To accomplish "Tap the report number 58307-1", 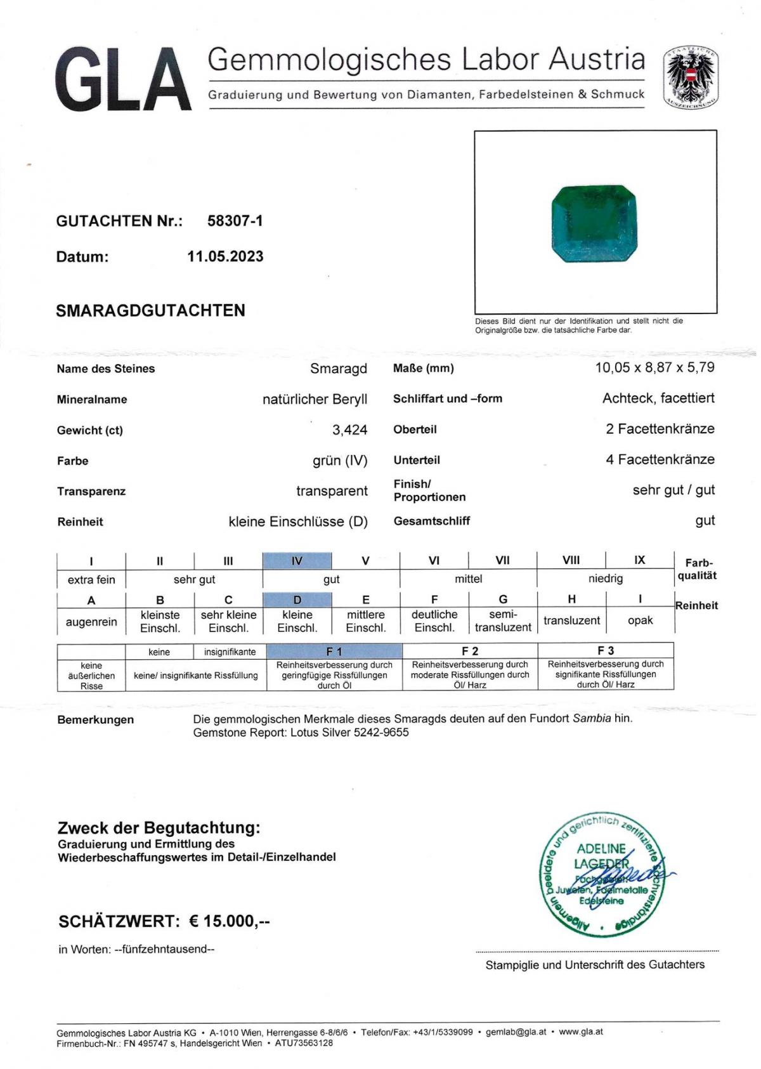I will point(235,221).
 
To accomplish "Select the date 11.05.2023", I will point(225,256).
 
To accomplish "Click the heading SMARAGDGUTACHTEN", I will point(150,310).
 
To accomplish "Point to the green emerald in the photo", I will point(594,224).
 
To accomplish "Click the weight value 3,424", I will point(349,430).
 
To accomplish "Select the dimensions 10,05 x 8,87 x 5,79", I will point(654,367).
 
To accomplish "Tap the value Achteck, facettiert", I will point(658,398).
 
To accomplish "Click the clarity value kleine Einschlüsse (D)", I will point(298,521).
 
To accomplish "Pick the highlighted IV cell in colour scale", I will point(297,561).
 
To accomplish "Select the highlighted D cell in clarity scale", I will point(297,600).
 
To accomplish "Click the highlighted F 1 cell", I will point(334,651).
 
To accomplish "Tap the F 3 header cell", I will point(605,650).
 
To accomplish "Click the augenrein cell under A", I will point(91,622).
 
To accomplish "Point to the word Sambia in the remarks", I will point(592,718).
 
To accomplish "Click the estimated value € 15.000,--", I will point(230,921).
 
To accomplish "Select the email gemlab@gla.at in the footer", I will point(516,1032).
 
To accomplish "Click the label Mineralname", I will point(92,399).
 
